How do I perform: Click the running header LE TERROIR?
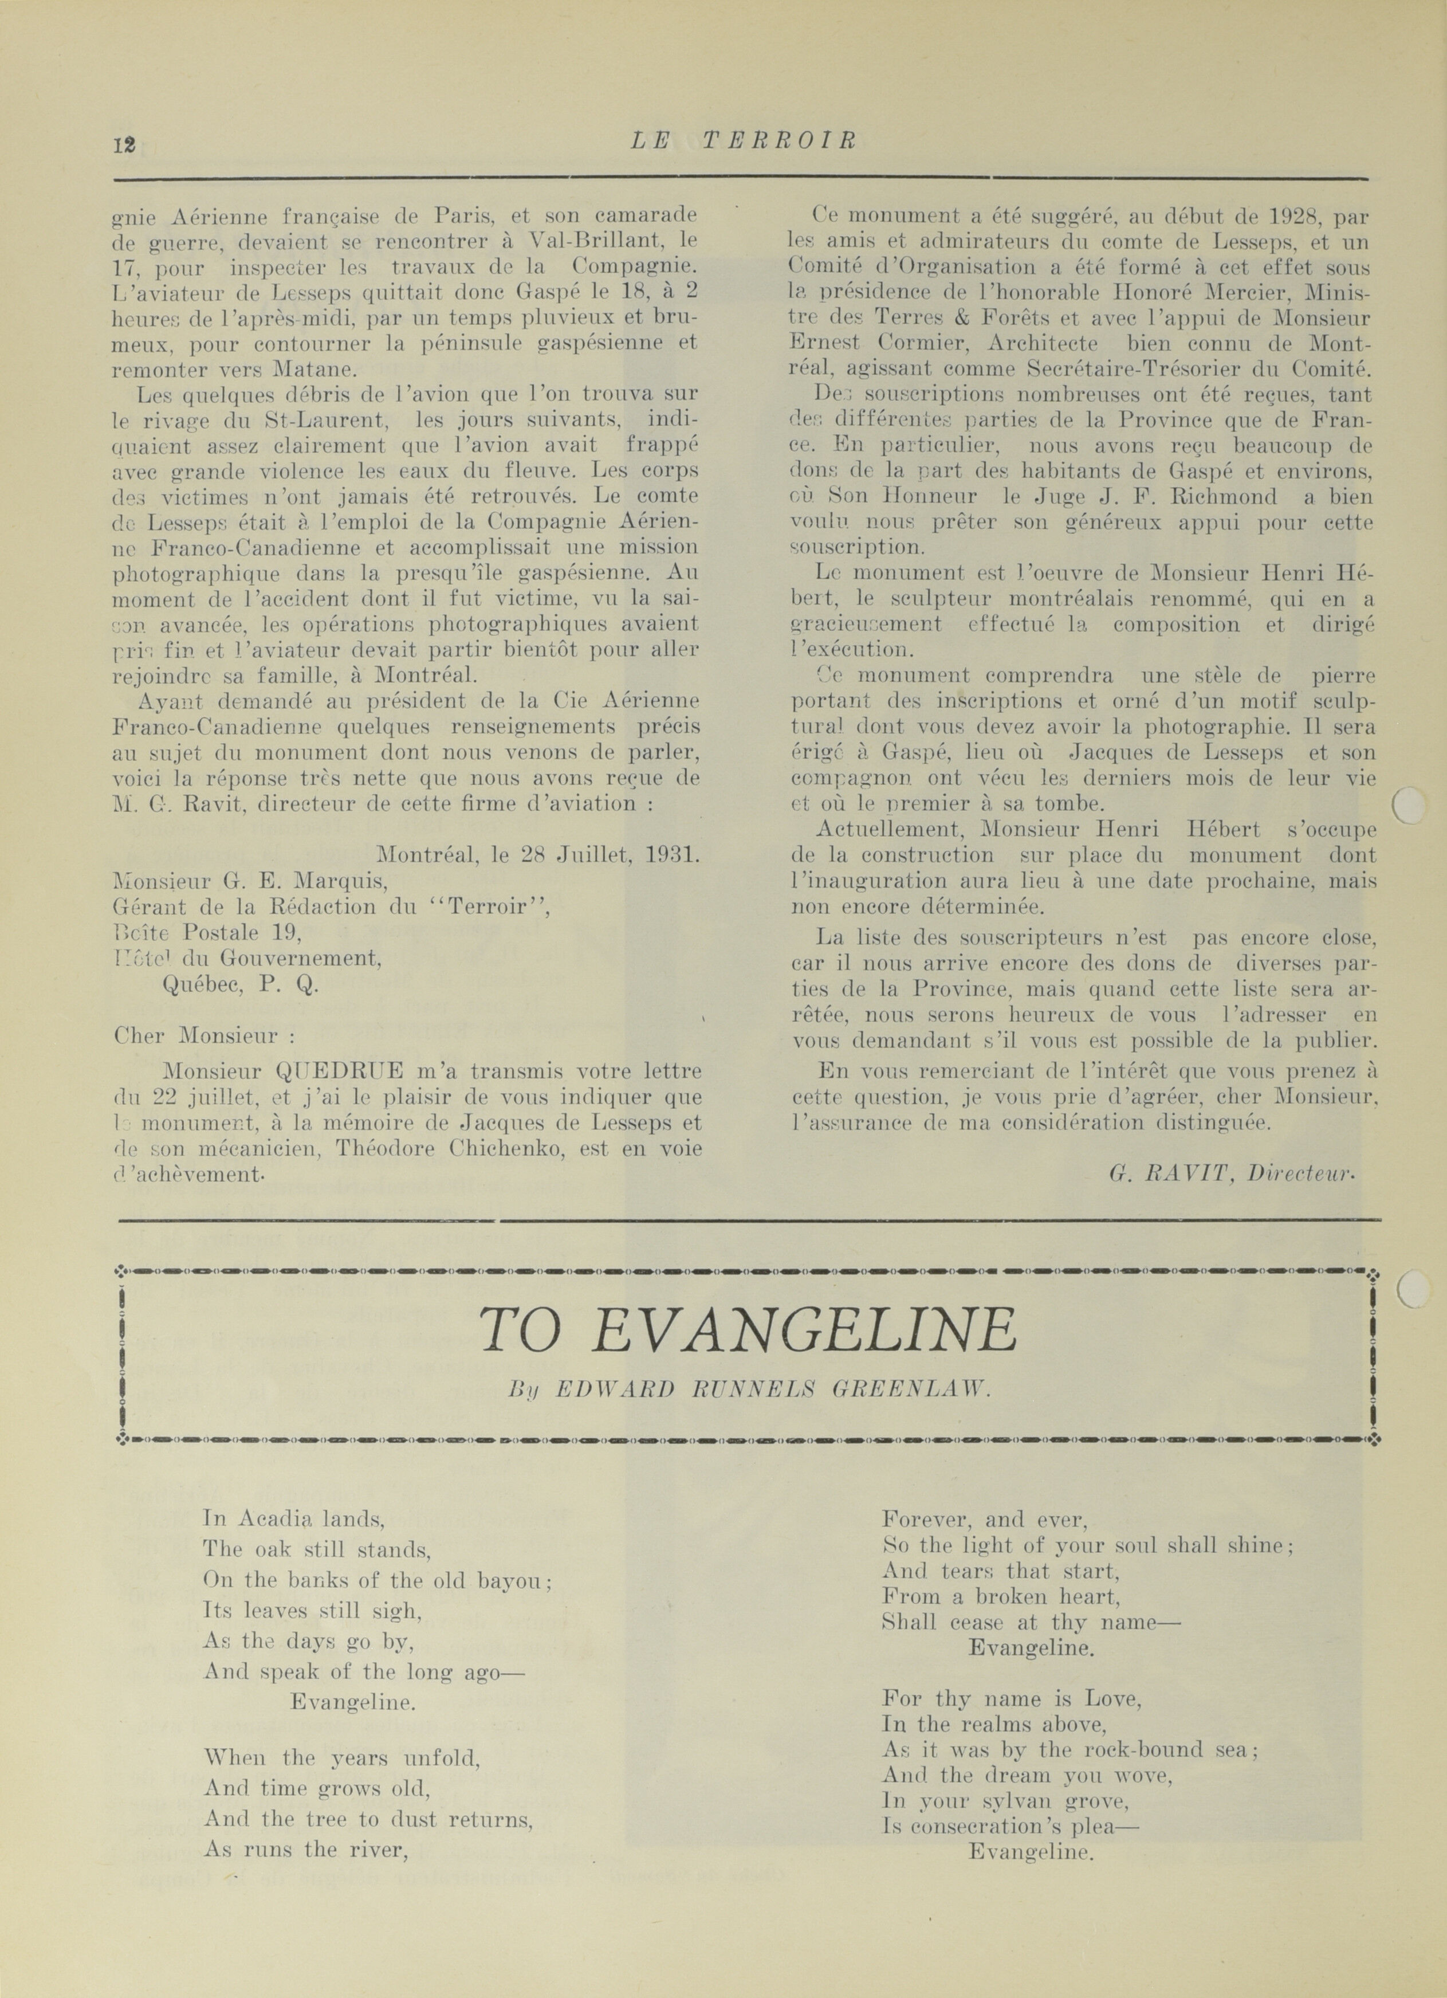click(x=744, y=141)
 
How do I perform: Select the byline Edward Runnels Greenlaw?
click(x=750, y=1389)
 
